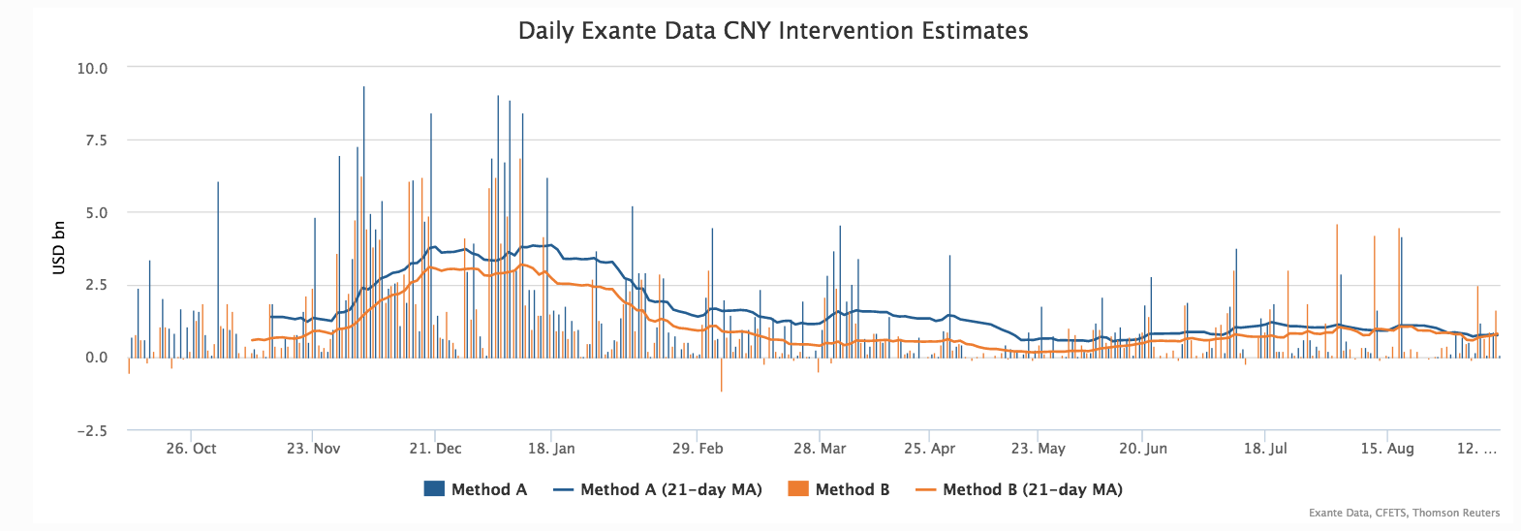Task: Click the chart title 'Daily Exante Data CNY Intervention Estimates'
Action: [772, 31]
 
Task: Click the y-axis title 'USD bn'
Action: [59, 248]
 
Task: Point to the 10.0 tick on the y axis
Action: [92, 69]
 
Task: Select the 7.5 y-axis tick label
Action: [96, 141]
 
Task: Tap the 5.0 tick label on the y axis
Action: [96, 213]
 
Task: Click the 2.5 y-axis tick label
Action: [96, 286]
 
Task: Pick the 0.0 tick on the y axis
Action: [96, 358]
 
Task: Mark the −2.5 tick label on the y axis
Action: [92, 431]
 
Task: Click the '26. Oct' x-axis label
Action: [191, 449]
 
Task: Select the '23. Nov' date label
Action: [313, 449]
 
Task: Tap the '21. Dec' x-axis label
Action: [435, 449]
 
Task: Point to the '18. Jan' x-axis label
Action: [551, 449]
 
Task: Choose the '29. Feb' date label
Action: [698, 449]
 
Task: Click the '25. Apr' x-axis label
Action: [929, 449]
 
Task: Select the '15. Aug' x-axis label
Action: [1386, 449]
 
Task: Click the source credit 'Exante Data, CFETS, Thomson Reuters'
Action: [1403, 513]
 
